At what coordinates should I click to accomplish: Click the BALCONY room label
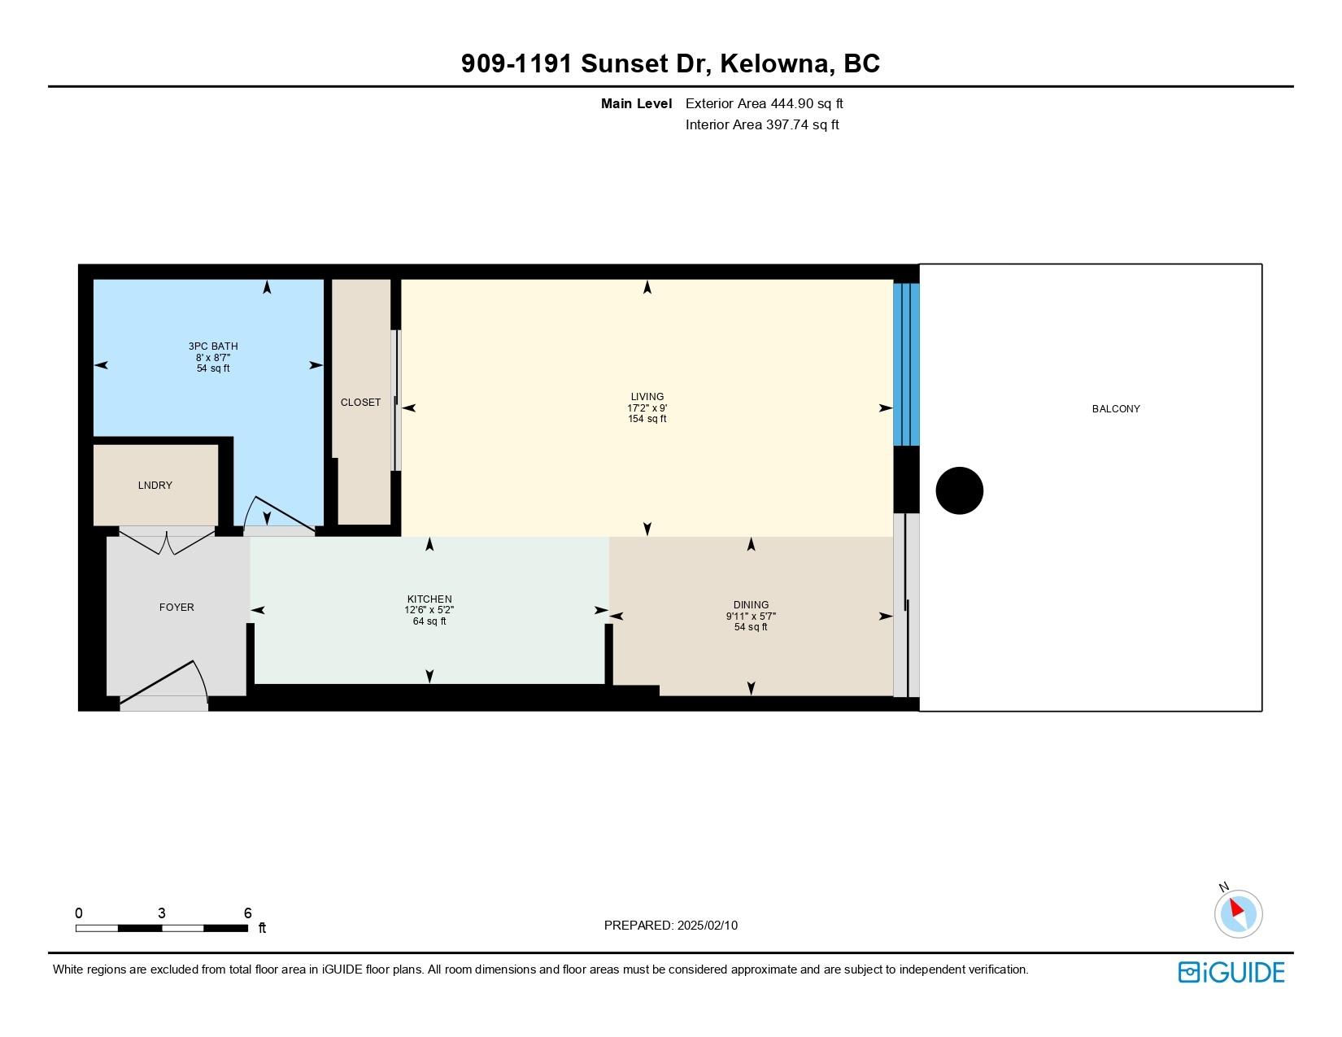pyautogui.click(x=1115, y=409)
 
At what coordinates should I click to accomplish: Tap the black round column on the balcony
pyautogui.click(x=959, y=490)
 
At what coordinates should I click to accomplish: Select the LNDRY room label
pyautogui.click(x=155, y=486)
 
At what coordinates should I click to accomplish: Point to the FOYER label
pyautogui.click(x=176, y=607)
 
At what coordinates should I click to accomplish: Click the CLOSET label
pyautogui.click(x=360, y=402)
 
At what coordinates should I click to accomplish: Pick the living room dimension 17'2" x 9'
pyautogui.click(x=647, y=407)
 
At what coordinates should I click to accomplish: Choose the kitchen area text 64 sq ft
pyautogui.click(x=429, y=621)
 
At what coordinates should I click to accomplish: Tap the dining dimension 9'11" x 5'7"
pyautogui.click(x=751, y=616)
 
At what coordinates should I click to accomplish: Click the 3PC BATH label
pyautogui.click(x=213, y=346)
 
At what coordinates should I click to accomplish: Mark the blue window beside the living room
pyautogui.click(x=907, y=364)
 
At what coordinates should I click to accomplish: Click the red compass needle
pyautogui.click(x=1236, y=908)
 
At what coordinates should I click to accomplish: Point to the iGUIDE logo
pyautogui.click(x=1231, y=972)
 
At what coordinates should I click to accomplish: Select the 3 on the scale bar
pyautogui.click(x=162, y=913)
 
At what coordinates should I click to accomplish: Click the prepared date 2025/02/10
pyautogui.click(x=707, y=926)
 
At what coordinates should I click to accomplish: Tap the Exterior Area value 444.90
pyautogui.click(x=791, y=104)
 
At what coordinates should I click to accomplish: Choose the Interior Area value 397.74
pyautogui.click(x=787, y=124)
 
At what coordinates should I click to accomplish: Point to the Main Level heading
pyautogui.click(x=636, y=104)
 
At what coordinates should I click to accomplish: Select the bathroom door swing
pyautogui.click(x=280, y=515)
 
